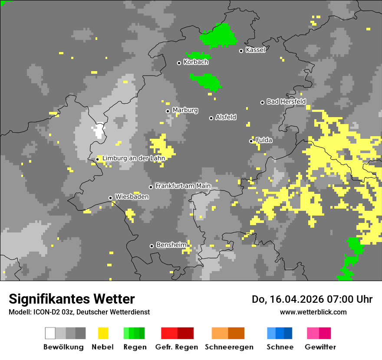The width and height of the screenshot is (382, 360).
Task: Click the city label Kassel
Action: click(x=255, y=50)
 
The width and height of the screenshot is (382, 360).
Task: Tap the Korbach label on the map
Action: click(x=196, y=62)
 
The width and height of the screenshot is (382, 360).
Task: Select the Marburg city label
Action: click(x=185, y=110)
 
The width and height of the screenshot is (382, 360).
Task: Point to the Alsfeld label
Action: click(x=226, y=117)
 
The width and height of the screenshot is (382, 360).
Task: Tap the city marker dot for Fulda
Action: click(x=251, y=141)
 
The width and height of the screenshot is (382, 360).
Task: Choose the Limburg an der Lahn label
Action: click(x=133, y=158)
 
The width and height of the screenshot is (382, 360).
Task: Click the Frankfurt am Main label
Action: click(x=183, y=186)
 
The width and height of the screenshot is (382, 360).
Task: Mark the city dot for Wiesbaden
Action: click(x=111, y=198)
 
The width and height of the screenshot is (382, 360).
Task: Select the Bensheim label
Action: click(x=171, y=245)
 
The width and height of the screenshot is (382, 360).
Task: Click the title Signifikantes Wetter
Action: click(x=72, y=299)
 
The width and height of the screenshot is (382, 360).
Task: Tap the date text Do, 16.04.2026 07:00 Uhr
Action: click(x=312, y=299)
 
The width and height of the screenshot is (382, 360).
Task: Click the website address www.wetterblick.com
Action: click(x=313, y=312)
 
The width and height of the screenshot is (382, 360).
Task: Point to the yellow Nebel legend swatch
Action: click(x=103, y=333)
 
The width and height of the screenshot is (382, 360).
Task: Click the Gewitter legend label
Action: click(x=320, y=347)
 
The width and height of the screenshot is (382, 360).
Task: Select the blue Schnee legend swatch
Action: click(x=280, y=333)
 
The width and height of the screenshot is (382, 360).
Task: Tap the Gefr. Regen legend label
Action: click(x=177, y=347)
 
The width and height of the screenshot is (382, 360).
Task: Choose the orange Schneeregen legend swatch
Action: click(x=228, y=333)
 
